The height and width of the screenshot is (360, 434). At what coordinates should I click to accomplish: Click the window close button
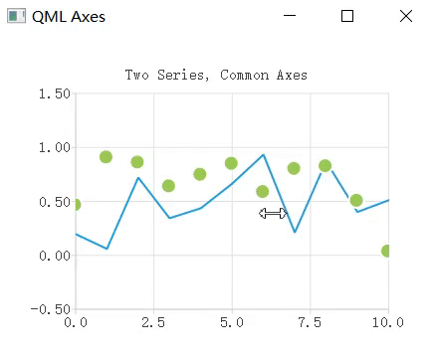[405, 16]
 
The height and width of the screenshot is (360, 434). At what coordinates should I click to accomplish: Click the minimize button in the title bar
[290, 16]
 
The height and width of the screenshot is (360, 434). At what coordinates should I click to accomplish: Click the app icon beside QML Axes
[15, 16]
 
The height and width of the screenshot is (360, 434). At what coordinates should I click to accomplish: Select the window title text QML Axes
[68, 17]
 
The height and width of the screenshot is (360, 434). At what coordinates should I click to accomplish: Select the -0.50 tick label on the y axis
[49, 309]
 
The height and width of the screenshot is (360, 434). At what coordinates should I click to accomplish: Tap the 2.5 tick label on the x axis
[153, 323]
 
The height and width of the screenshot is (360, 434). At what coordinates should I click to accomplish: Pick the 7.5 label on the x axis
[310, 323]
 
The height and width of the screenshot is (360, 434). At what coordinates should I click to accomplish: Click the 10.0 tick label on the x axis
[385, 323]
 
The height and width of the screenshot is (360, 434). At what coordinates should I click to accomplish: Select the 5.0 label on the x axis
[232, 323]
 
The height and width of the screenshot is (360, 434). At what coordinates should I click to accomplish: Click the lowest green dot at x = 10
[387, 251]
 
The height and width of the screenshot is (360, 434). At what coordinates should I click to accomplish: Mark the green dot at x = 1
[106, 157]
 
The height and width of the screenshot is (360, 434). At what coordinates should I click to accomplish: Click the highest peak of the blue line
[263, 154]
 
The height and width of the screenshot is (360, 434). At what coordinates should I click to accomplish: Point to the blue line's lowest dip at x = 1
[106, 249]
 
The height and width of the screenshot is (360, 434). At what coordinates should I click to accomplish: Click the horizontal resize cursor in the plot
[273, 213]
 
